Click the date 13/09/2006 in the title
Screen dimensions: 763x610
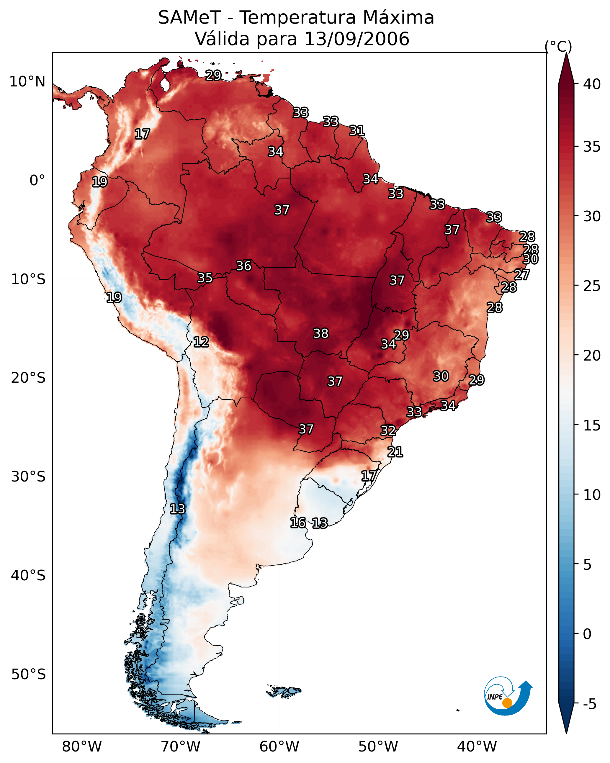(x=356, y=39)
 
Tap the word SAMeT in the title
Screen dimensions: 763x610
(x=189, y=17)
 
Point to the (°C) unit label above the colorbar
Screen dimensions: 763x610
(x=558, y=46)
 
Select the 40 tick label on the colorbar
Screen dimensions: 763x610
(x=592, y=84)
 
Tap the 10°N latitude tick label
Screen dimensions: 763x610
(x=27, y=82)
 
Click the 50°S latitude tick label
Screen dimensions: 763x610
(x=28, y=674)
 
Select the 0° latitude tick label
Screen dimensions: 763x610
(x=37, y=181)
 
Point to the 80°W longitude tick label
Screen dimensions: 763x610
(x=82, y=746)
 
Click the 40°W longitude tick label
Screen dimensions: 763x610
(x=477, y=746)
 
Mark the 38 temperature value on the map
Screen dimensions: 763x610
(x=321, y=333)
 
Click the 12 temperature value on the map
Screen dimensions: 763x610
(x=201, y=342)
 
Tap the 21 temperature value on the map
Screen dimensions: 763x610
(x=395, y=452)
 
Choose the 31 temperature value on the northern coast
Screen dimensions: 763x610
(x=357, y=131)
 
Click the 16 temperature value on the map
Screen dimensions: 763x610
(x=298, y=523)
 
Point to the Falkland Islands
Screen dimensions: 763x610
(x=284, y=691)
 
